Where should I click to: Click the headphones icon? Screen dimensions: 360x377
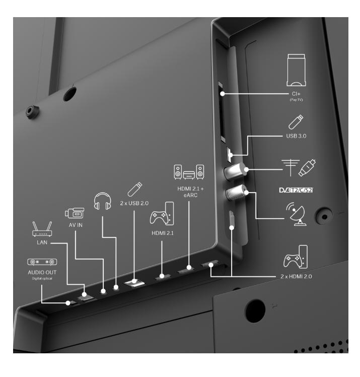pyautogui.click(x=102, y=201)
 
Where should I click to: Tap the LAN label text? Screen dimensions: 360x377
pyautogui.click(x=42, y=242)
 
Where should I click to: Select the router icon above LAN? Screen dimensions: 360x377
pyautogui.click(x=42, y=229)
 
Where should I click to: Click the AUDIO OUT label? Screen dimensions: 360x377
pyautogui.click(x=42, y=272)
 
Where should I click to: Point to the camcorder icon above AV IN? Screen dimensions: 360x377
pyautogui.click(x=75, y=213)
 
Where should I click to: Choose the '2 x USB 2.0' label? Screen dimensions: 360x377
pyautogui.click(x=134, y=203)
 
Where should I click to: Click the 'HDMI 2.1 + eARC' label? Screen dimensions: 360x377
pyautogui.click(x=190, y=192)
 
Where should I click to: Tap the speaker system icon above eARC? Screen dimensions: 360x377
pyautogui.click(x=189, y=172)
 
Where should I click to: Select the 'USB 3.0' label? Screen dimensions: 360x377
pyautogui.click(x=296, y=136)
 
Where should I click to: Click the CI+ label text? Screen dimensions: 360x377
pyautogui.click(x=296, y=94)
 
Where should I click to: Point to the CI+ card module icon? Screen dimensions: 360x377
pyautogui.click(x=297, y=70)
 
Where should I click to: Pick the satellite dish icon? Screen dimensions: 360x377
pyautogui.click(x=297, y=214)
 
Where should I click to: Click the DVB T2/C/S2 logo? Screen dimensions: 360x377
pyautogui.click(x=296, y=190)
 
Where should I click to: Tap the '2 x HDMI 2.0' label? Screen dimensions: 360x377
pyautogui.click(x=296, y=276)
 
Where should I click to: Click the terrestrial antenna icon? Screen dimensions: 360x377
pyautogui.click(x=291, y=167)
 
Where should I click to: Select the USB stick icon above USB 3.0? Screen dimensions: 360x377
pyautogui.click(x=296, y=122)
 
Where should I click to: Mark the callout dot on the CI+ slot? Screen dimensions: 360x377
pyautogui.click(x=223, y=94)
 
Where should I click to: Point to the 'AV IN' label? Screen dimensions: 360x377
pyautogui.click(x=76, y=225)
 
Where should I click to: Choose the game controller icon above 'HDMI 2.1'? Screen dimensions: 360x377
pyautogui.click(x=162, y=214)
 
